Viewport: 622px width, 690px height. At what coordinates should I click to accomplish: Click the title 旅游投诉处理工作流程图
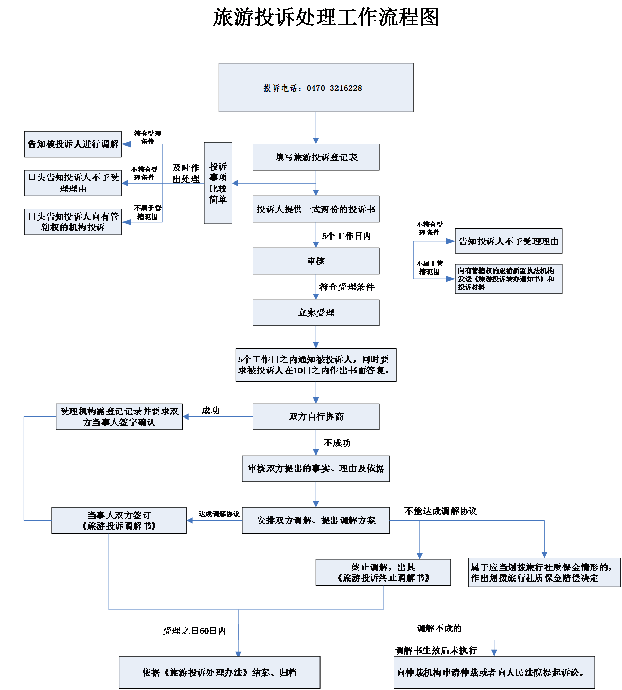326,17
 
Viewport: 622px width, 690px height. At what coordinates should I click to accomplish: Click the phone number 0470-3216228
334,88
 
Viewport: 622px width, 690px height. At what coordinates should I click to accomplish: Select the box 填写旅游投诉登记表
316,157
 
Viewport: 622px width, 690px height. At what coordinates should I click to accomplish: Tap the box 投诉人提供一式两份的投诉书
316,209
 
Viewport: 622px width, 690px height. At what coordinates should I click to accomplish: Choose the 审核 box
316,261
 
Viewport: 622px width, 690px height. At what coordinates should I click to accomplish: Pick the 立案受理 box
316,313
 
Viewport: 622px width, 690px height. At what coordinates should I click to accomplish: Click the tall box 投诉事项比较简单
218,183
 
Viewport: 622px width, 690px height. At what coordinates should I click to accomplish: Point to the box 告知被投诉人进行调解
73,144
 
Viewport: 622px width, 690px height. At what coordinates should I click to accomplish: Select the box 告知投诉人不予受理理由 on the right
508,241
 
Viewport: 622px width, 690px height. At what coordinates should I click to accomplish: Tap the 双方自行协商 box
316,416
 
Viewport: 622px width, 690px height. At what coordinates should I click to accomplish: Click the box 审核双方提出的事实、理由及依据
316,468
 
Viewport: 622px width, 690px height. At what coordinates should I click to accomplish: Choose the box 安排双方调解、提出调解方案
316,520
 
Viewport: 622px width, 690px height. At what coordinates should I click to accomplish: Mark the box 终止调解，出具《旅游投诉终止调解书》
383,572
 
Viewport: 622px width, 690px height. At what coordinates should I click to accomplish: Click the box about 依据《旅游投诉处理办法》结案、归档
219,673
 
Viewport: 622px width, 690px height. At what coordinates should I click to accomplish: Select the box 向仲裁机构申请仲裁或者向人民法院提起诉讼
494,673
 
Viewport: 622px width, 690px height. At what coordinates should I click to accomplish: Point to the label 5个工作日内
346,236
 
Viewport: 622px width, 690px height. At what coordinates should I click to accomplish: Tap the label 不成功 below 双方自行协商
337,443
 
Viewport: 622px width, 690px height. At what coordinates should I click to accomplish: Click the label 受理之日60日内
194,631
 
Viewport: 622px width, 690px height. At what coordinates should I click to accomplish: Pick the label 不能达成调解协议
440,511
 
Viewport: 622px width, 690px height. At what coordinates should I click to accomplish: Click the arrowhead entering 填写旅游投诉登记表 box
316,141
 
